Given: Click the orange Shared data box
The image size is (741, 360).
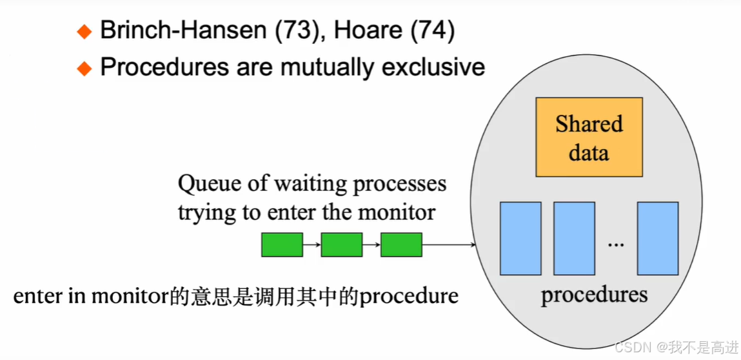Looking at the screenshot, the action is click(x=589, y=137).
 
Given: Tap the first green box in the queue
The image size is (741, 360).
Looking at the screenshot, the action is click(x=282, y=245).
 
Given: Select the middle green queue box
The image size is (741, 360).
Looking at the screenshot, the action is click(x=342, y=245).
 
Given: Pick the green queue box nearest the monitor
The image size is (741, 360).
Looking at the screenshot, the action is click(x=401, y=245).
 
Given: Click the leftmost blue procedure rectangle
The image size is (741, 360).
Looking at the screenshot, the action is click(x=520, y=238).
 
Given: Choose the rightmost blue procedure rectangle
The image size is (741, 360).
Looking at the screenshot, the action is click(x=658, y=238).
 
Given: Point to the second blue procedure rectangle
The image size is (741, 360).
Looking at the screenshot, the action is click(x=574, y=238).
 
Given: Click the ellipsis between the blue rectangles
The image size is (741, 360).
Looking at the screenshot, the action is click(x=616, y=245).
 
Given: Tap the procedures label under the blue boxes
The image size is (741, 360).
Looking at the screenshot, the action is click(x=594, y=295).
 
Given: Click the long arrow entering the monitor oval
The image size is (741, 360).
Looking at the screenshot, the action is click(x=449, y=245).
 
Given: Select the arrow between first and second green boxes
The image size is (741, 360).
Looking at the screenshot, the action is click(x=311, y=245).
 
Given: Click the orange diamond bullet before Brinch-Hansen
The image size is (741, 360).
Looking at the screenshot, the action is click(x=84, y=32).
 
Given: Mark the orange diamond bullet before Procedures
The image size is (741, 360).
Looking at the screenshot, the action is click(x=84, y=68).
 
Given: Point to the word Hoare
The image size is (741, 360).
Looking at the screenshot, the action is click(x=370, y=31).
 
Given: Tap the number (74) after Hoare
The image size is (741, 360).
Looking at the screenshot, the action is click(x=433, y=31).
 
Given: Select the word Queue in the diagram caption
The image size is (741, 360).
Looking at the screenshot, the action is click(x=205, y=184).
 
